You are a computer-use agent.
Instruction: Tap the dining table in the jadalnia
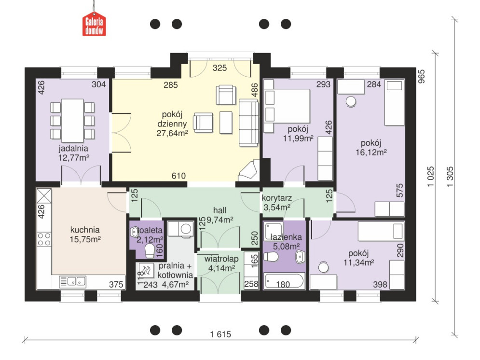point(72,121)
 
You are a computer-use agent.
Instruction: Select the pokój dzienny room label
point(172,119)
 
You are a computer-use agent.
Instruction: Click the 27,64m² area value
point(172,133)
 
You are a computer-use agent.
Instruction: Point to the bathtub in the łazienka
point(284,281)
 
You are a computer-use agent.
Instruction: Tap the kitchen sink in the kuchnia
point(72,281)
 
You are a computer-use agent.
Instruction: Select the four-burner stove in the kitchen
point(44,239)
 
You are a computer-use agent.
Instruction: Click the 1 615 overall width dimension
point(220,334)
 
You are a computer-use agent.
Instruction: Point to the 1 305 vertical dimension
point(450,177)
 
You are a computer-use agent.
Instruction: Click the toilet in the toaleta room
point(150,251)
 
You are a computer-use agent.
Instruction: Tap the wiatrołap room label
point(221,259)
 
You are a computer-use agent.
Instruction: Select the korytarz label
point(277,198)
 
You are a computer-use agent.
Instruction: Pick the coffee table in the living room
point(226,123)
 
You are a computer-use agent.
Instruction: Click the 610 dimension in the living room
point(178,176)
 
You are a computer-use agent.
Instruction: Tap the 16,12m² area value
point(371,152)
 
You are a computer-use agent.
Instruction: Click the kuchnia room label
point(85,230)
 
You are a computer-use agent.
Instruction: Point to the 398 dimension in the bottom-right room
point(380,285)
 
